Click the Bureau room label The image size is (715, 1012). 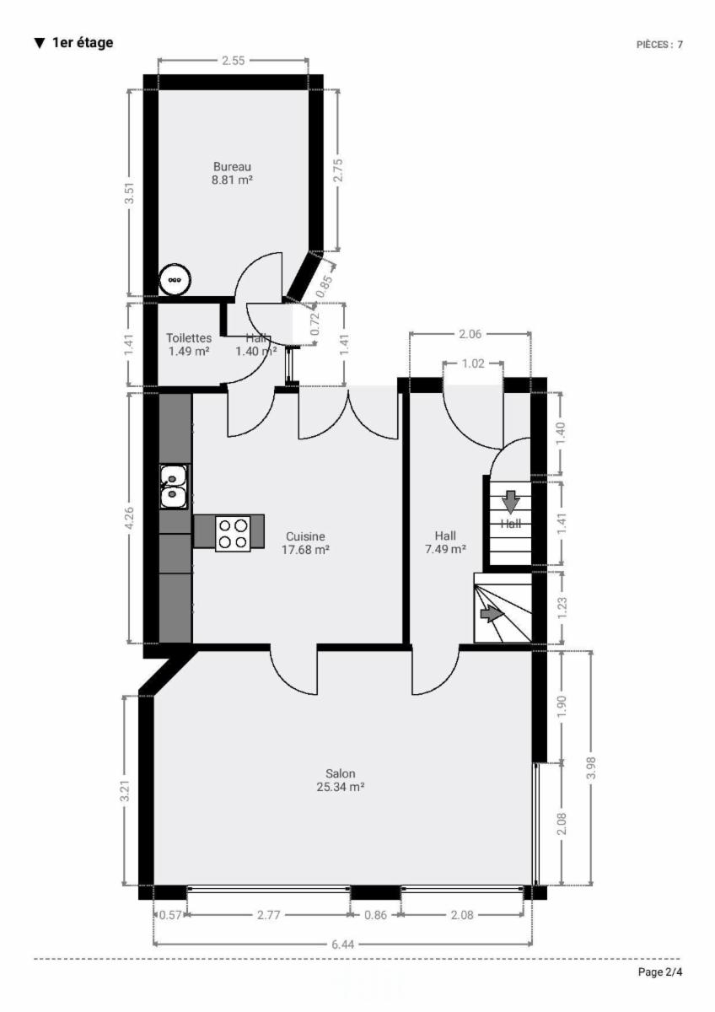tap(232, 167)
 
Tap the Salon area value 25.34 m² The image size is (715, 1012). tap(341, 787)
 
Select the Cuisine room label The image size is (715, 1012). tap(305, 536)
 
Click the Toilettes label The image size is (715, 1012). tap(189, 338)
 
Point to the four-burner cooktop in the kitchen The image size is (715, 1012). tap(233, 534)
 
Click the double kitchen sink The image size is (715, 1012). tap(174, 487)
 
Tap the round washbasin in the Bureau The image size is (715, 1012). tap(175, 280)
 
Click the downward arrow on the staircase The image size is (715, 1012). tap(511, 502)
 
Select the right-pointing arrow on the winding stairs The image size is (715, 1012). tap(492, 615)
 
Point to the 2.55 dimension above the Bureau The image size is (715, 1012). tap(234, 61)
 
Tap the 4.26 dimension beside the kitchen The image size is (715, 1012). tap(129, 518)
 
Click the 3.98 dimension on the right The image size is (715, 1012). tap(592, 767)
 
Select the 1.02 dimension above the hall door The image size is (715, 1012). tap(473, 363)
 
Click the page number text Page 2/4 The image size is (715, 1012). tap(660, 972)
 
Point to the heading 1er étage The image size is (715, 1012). tap(83, 43)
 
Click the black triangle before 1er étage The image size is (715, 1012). tap(40, 43)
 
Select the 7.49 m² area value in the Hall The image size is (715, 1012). tap(445, 549)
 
